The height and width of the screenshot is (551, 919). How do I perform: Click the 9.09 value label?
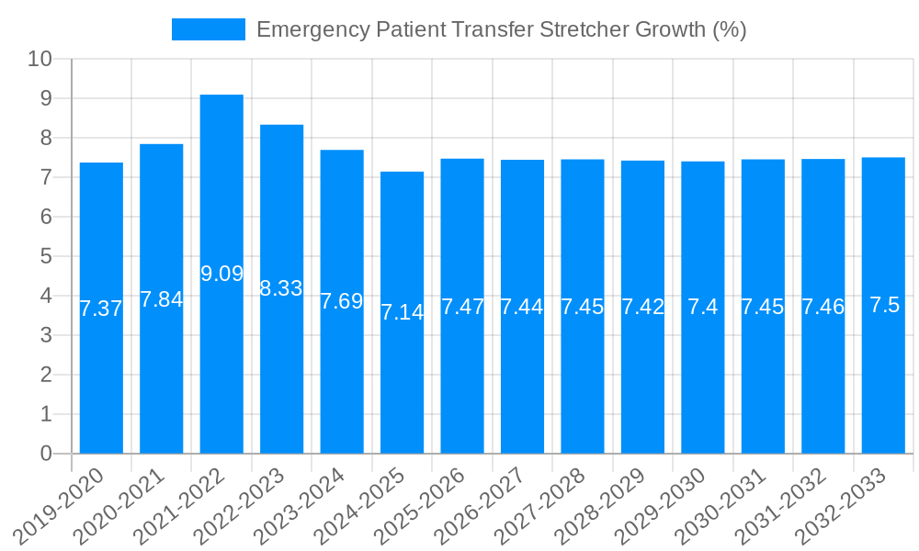point(221,274)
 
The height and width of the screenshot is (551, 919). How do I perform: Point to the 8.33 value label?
point(281,288)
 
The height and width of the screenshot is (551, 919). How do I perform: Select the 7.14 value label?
point(402,312)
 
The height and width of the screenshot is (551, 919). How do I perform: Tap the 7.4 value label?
point(703,307)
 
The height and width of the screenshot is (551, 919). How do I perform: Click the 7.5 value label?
point(884,306)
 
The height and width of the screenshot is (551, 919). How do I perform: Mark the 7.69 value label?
point(342,301)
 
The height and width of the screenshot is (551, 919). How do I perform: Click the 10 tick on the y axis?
point(40,59)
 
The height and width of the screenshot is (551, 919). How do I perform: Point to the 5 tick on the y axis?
point(46,256)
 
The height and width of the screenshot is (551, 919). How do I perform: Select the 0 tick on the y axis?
point(46,454)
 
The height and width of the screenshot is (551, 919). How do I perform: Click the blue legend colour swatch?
point(209,29)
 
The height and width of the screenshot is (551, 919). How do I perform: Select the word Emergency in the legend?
point(312,29)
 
